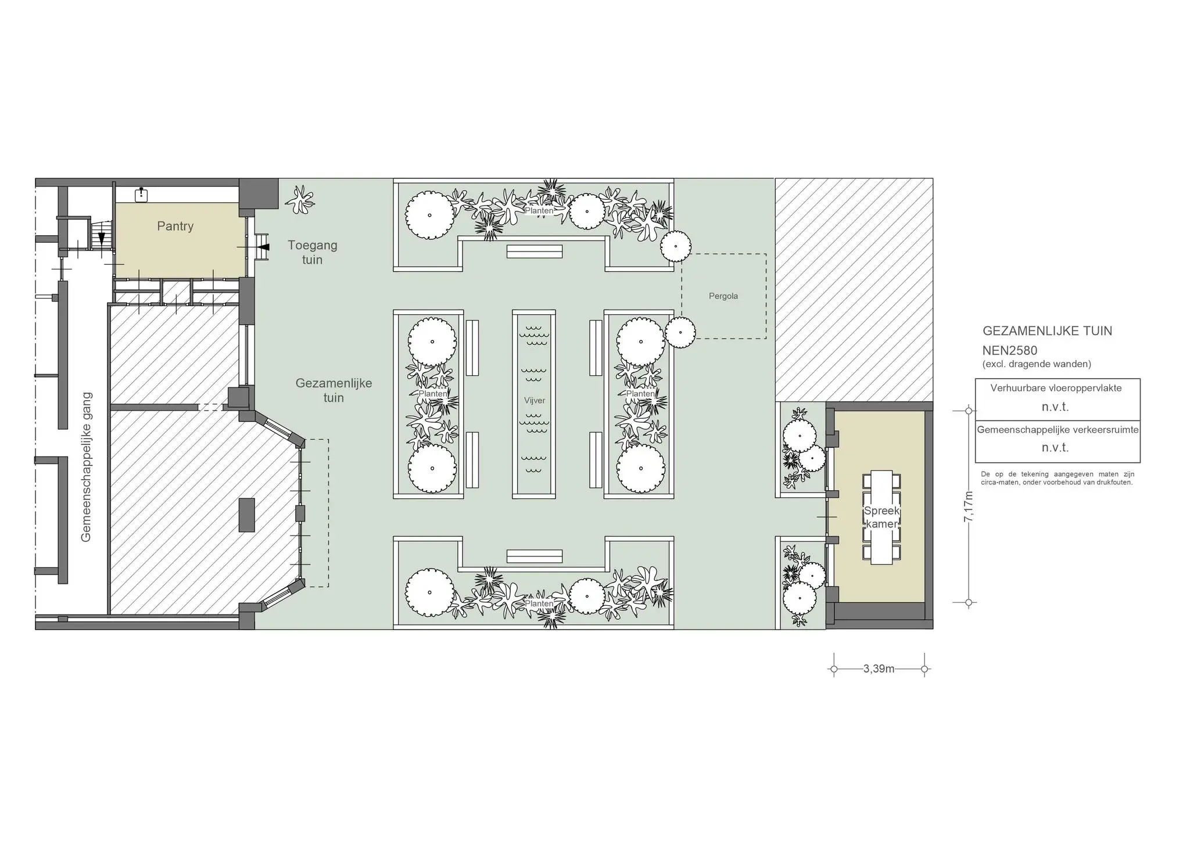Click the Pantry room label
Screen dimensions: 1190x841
(175, 227)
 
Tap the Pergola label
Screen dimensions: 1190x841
(723, 296)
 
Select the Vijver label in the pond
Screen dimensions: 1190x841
(535, 401)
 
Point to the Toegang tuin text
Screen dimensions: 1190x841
(312, 253)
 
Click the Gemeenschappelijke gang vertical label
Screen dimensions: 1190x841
(86, 468)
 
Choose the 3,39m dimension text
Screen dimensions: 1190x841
(879, 669)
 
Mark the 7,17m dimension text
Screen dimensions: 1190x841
(969, 506)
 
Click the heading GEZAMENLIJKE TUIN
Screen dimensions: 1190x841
(1048, 331)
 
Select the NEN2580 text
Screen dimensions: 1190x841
(1010, 351)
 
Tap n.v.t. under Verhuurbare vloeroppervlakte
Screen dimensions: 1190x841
(1055, 407)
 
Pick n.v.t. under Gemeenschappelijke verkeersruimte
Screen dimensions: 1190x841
(1055, 448)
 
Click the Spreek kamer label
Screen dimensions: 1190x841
(882, 517)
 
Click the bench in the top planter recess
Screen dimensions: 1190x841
(535, 251)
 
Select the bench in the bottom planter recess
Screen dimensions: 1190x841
(535, 556)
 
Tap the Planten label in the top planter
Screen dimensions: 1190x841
(539, 211)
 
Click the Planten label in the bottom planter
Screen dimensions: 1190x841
(539, 604)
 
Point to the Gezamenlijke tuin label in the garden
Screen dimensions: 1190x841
(334, 391)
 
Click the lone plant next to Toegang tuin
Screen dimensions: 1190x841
(300, 200)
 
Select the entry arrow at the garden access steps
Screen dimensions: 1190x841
(264, 247)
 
